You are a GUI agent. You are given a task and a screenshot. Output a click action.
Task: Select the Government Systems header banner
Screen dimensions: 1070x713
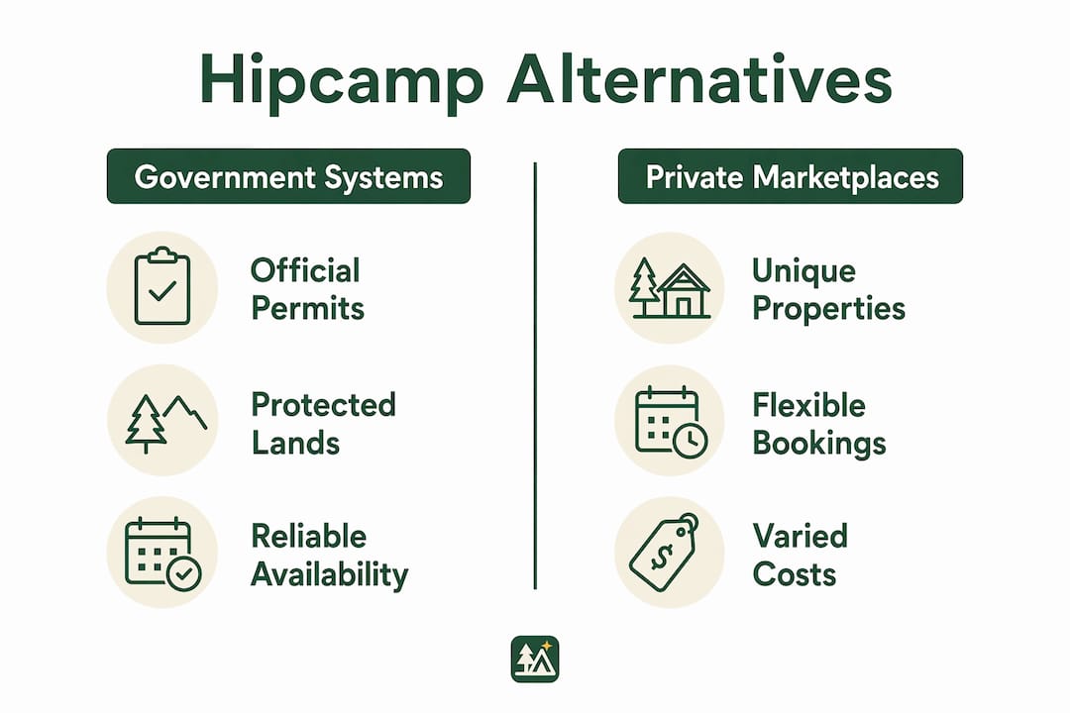[x=288, y=176]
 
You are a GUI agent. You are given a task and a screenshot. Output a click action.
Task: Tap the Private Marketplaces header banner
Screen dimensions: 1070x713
[x=791, y=176]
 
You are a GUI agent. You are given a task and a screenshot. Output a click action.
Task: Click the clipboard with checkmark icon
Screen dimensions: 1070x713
[x=161, y=286]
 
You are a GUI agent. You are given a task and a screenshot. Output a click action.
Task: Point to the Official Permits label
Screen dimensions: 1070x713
[x=307, y=289]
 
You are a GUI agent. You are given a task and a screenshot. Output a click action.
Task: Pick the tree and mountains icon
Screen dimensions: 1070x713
[x=165, y=423]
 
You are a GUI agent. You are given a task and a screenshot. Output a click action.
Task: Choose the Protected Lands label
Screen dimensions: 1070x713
[x=323, y=423]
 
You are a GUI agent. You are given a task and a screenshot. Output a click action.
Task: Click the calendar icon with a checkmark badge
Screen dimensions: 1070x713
[x=163, y=554]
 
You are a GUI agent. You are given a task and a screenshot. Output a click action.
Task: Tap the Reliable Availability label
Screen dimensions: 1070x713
[x=329, y=556]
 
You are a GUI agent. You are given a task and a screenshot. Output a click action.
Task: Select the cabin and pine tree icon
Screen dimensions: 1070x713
[x=670, y=288]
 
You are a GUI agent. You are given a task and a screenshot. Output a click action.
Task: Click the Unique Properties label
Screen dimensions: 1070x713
[x=828, y=289]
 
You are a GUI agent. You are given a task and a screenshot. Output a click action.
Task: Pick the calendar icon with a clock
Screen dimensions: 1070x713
[x=671, y=421]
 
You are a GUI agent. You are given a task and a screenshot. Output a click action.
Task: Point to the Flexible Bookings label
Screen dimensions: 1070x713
[x=819, y=423]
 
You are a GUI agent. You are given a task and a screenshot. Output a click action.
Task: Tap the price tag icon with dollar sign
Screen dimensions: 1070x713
[x=664, y=552]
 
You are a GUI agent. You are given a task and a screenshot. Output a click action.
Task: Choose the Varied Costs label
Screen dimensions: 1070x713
[x=800, y=556]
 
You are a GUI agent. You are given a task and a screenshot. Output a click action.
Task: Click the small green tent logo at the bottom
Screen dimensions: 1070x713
[x=535, y=660]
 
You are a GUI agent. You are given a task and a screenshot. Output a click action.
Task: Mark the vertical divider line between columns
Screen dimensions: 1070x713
[x=535, y=375]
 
